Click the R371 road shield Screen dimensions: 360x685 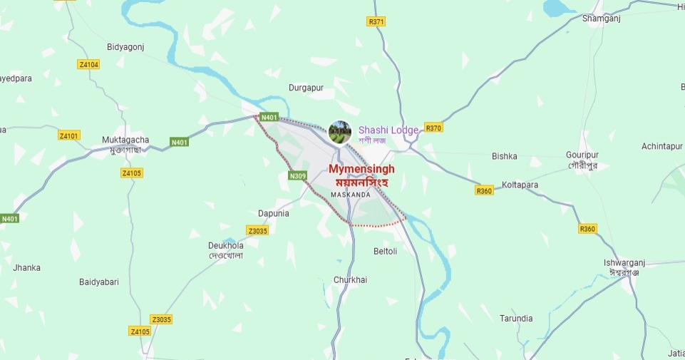(x=376, y=22)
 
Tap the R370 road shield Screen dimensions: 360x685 (x=433, y=128)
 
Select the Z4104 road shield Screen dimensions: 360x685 (x=88, y=65)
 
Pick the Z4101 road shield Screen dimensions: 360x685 (x=69, y=135)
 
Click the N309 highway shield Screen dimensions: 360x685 (x=298, y=175)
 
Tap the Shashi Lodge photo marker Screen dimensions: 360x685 (x=340, y=132)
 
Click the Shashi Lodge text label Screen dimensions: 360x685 (x=388, y=130)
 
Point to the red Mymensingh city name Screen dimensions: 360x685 (x=361, y=169)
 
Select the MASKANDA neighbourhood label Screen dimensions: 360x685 (x=351, y=195)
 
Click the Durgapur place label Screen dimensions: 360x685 (x=306, y=88)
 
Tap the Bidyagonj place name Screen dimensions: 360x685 (x=125, y=47)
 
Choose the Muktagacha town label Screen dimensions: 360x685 (x=125, y=140)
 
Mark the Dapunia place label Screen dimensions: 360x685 (x=273, y=213)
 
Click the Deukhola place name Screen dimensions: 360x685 (x=226, y=246)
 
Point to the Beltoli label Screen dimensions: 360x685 (x=386, y=251)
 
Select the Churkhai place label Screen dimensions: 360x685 (x=351, y=280)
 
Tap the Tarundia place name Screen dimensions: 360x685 (x=516, y=318)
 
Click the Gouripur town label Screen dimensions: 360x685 (x=581, y=155)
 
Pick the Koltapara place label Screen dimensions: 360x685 (x=520, y=185)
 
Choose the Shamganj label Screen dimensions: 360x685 (x=602, y=19)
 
